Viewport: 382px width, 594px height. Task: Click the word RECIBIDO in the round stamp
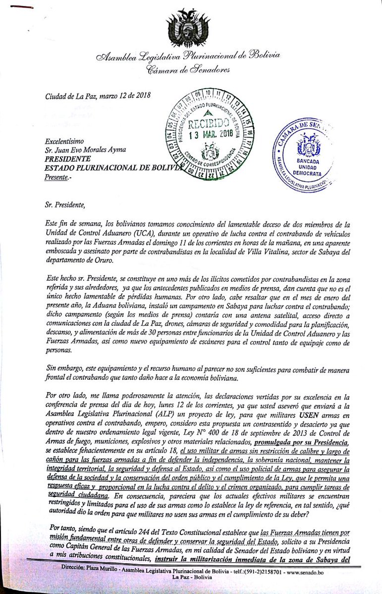pyautogui.click(x=208, y=122)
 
